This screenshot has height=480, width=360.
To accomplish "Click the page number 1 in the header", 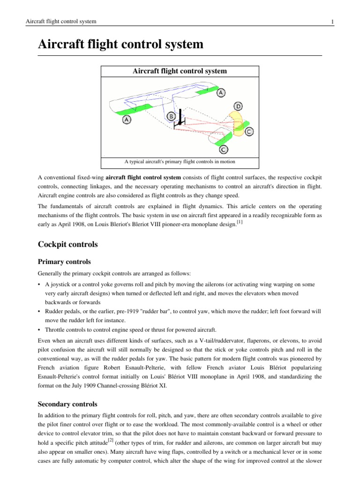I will coord(332,22).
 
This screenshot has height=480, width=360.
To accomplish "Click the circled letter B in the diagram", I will coord(172,115).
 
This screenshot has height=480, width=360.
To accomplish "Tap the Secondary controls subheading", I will coord(67,404).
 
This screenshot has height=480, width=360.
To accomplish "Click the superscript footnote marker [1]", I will coord(240,222).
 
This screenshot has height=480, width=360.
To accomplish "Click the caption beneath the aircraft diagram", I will coord(180,162).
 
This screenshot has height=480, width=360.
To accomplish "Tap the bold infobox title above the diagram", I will coord(180,71).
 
